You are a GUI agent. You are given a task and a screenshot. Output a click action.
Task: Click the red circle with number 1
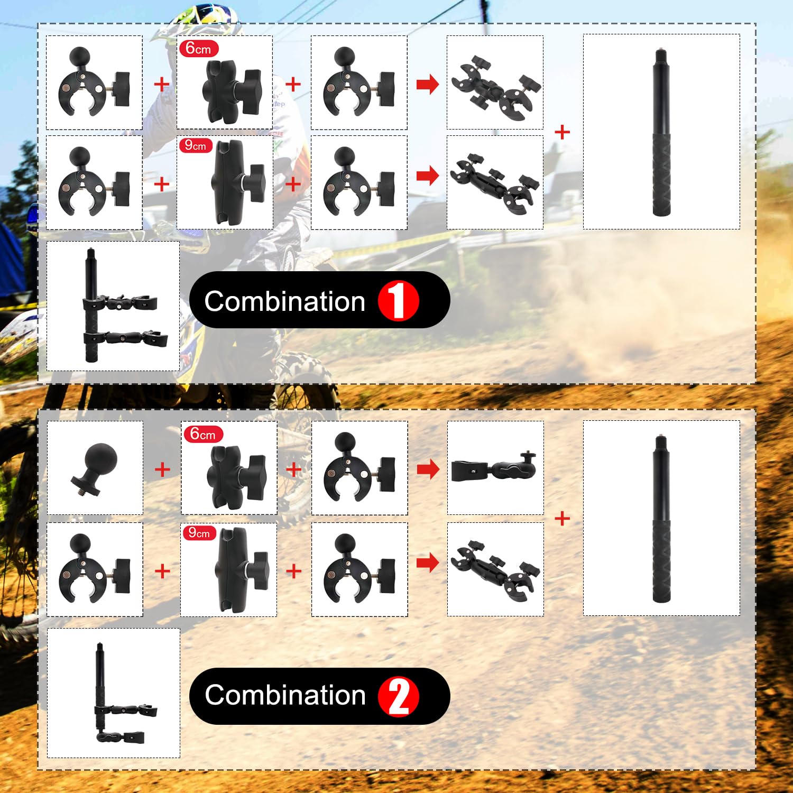(x=398, y=300)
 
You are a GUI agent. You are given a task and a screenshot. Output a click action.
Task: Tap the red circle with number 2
(x=399, y=696)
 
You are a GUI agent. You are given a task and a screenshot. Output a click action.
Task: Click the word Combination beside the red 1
(x=284, y=301)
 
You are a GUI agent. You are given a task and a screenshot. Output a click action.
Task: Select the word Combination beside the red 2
(x=285, y=695)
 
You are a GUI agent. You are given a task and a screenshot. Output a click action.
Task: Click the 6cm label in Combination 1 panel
(x=198, y=49)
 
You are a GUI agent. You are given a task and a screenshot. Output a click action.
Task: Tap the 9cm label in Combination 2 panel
(x=199, y=532)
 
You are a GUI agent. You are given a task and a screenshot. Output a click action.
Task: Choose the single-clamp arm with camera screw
(x=495, y=468)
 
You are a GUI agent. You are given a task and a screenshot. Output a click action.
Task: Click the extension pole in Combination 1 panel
(x=661, y=132)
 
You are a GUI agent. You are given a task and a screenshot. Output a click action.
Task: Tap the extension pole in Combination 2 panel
(x=661, y=519)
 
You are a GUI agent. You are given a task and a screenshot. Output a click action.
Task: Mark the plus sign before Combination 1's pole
(x=563, y=132)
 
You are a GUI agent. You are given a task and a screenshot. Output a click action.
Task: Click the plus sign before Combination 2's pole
(x=563, y=519)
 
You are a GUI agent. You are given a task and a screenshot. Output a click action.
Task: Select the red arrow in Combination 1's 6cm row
(x=428, y=84)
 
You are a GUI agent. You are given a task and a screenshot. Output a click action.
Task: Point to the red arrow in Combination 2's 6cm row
(x=428, y=468)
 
